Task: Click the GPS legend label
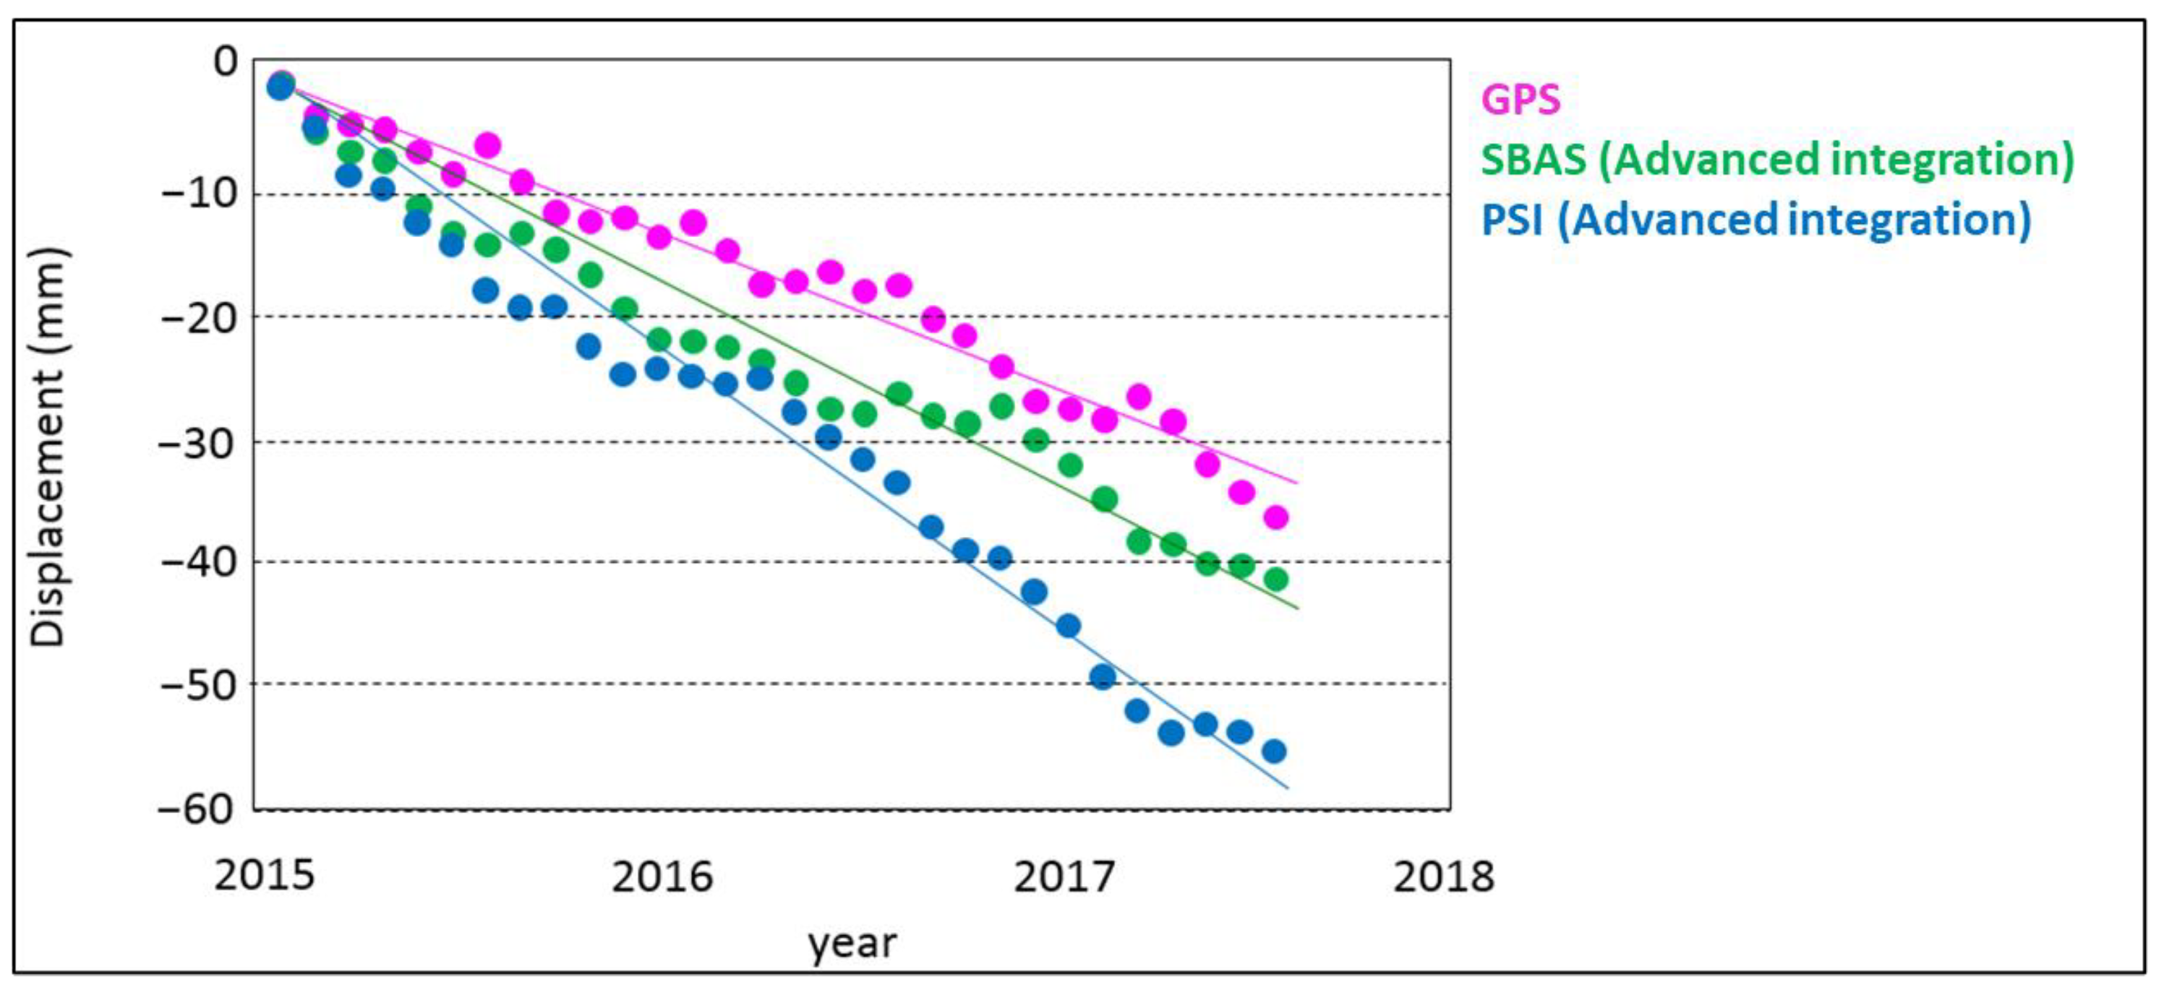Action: pos(1521,99)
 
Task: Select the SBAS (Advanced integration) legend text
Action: pos(1776,160)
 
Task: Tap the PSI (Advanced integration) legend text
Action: pos(1755,220)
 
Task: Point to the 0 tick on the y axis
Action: pos(225,61)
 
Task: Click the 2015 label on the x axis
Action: pos(264,877)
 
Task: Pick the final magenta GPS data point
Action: pos(1276,517)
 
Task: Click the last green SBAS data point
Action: pos(1276,580)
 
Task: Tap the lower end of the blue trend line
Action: pos(1287,788)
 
